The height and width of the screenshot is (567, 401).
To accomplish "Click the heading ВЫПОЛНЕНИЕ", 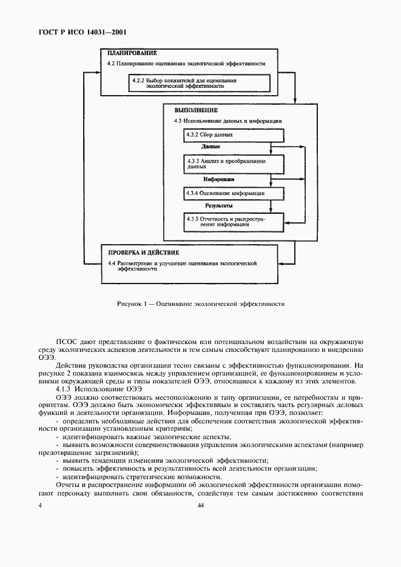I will coord(195,110).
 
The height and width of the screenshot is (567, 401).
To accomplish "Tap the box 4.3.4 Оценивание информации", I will coord(226,193).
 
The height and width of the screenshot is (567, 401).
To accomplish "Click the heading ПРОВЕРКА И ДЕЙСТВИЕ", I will coord(143,252).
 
